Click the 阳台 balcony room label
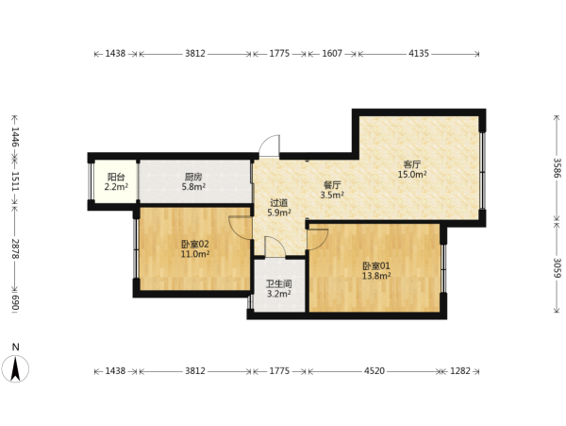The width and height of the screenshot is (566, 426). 116,177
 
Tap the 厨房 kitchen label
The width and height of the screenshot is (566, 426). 193,177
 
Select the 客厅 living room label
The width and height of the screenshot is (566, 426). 412,164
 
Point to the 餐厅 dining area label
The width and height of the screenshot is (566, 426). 332,185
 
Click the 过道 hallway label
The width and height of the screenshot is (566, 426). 279,203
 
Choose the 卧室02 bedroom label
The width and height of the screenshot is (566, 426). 195,245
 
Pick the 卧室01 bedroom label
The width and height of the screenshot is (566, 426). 376,266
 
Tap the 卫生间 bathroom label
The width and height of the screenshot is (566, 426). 278,284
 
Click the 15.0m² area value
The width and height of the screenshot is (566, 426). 412,175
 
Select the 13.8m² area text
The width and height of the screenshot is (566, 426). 376,277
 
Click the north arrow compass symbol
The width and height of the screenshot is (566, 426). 15,368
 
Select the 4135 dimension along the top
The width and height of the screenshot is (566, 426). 419,54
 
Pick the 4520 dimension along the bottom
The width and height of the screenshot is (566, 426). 375,371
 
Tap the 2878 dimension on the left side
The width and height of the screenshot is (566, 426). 15,248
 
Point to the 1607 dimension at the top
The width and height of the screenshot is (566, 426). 332,54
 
